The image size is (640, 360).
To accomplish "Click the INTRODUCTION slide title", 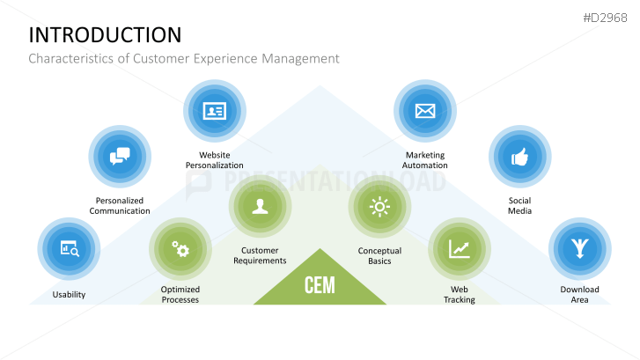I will point(105,34).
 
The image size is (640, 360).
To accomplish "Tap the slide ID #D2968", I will point(607,17).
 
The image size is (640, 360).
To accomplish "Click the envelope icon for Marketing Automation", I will point(425,112).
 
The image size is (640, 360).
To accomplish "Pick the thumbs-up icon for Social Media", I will point(519,158).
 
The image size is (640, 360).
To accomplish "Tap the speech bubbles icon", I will point(120,158).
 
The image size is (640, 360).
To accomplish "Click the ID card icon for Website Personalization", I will point(215,112).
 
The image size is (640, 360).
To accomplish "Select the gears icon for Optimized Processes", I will point(180,249).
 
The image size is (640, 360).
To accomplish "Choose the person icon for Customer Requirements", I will point(260,207).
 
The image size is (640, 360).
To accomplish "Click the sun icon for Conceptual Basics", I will point(379,207).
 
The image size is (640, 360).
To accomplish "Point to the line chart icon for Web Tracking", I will point(460,249).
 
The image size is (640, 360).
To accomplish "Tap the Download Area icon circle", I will point(579,249).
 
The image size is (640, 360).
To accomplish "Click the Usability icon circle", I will point(70,249).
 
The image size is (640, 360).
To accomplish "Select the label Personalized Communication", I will point(120,206).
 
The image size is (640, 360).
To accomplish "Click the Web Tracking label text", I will point(460,294).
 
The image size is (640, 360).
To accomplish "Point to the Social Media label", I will point(519,206).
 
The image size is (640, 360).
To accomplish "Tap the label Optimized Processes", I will point(180,294).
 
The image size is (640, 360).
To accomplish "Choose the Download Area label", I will point(579,294).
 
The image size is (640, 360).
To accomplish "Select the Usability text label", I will point(70,294).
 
